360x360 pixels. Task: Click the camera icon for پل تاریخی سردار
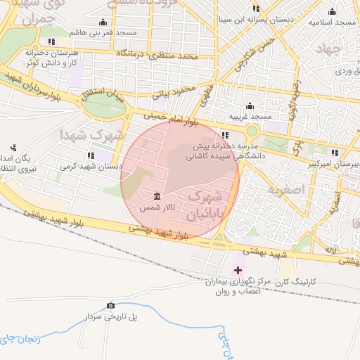110,305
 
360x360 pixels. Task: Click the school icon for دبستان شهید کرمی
90,155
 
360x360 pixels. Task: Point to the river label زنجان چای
18,339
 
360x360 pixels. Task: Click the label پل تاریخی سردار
110,317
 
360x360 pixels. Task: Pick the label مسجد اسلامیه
333,22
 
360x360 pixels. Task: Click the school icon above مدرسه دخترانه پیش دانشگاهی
224,135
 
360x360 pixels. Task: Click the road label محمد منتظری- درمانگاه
165,54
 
